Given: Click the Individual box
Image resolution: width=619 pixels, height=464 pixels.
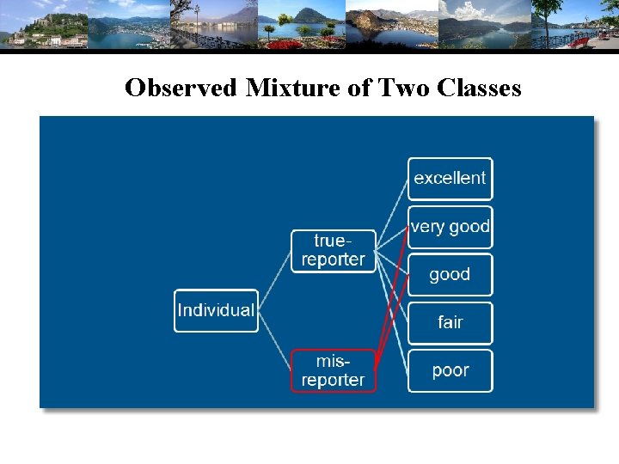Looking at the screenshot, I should click(216, 310).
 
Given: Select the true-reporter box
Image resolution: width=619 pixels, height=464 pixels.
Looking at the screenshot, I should click(334, 251).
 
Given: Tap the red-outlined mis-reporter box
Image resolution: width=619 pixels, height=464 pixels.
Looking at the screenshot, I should click(334, 371).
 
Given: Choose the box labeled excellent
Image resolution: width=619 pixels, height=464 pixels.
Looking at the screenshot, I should click(450, 179).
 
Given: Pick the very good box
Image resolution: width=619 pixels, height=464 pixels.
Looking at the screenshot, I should click(450, 227).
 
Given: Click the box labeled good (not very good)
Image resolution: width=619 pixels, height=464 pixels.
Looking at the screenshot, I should click(450, 275).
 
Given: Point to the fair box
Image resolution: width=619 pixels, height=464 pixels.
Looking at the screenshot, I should click(450, 323).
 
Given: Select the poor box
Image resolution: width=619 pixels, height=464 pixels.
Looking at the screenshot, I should click(450, 371).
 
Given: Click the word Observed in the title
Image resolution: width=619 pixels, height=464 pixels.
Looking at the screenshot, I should click(179, 89).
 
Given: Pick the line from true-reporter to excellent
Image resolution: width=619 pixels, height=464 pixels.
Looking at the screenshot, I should click(392, 215).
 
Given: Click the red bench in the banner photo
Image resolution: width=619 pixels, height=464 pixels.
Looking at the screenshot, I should click(579, 41).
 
